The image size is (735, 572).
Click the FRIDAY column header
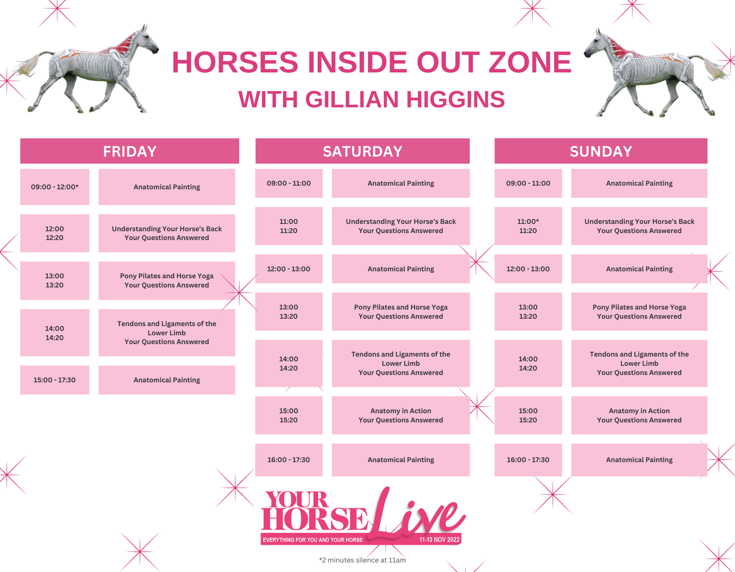[x=129, y=151]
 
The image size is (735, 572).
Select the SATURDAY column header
[x=362, y=151]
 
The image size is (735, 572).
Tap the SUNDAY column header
[x=600, y=151]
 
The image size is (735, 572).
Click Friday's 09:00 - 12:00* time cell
[x=54, y=187]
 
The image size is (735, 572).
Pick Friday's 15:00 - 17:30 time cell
[x=54, y=380]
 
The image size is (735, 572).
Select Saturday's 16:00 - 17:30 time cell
[x=288, y=460]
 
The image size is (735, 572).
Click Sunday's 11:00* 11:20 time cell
[x=528, y=226]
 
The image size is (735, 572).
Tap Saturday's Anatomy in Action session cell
[x=401, y=415]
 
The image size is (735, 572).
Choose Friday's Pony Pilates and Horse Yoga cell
[x=166, y=280]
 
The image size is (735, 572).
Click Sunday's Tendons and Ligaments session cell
[x=639, y=363]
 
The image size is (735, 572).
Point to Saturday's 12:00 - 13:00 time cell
[x=288, y=269]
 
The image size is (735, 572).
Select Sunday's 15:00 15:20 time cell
[x=528, y=415]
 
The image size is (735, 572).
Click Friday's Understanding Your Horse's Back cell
[x=166, y=233]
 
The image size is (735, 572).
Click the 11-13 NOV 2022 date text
[x=439, y=540]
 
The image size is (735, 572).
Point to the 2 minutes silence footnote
[x=362, y=560]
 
